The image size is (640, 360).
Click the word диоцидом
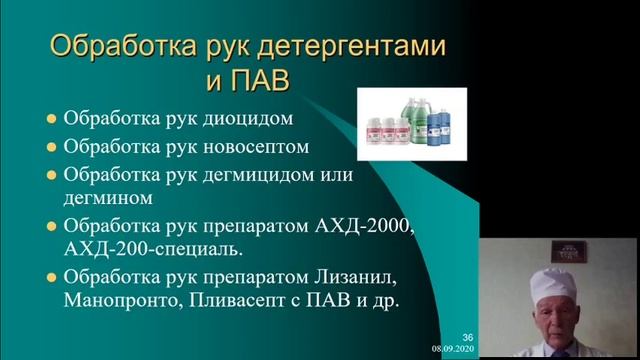249,118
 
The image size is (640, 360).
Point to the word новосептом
256,146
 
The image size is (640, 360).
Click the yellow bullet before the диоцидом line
51,118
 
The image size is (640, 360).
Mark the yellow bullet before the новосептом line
51,146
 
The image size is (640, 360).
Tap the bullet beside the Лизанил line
51,277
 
